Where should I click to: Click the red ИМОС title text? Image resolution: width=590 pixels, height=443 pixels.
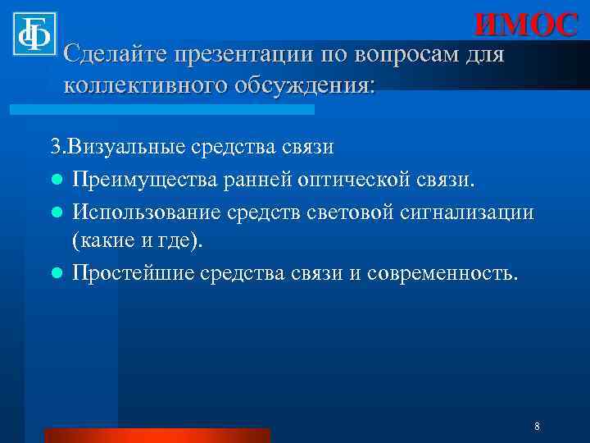[526, 25]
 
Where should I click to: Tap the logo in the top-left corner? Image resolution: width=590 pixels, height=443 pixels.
[34, 34]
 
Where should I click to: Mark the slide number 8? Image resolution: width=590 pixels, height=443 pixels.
[536, 427]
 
